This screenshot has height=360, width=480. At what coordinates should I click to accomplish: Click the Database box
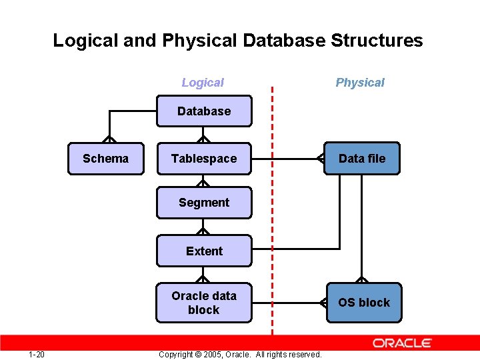pyautogui.click(x=204, y=111)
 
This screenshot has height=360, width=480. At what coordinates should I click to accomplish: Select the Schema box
pyautogui.click(x=105, y=159)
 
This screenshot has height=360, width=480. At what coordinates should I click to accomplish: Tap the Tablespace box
pyautogui.click(x=204, y=159)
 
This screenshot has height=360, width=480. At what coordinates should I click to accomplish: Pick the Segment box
pyautogui.click(x=204, y=203)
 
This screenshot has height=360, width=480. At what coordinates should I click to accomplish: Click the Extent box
pyautogui.click(x=204, y=251)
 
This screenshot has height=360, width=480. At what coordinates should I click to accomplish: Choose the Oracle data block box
pyautogui.click(x=204, y=303)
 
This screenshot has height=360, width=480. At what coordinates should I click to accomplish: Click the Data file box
pyautogui.click(x=362, y=159)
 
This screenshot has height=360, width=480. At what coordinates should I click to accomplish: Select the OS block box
pyautogui.click(x=364, y=303)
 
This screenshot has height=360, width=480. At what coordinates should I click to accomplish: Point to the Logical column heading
pyautogui.click(x=203, y=83)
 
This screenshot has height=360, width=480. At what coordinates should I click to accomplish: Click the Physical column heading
pyautogui.click(x=360, y=83)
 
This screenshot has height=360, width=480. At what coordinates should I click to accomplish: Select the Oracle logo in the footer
pyautogui.click(x=402, y=343)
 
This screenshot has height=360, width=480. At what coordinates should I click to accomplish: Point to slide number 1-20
pyautogui.click(x=37, y=354)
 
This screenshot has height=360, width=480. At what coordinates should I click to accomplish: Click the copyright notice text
pyautogui.click(x=240, y=355)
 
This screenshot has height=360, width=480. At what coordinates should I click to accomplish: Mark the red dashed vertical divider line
pyautogui.click(x=272, y=213)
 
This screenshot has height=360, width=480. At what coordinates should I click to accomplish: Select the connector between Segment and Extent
pyautogui.click(x=204, y=227)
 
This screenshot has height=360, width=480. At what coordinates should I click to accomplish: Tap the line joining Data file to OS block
pyautogui.click(x=362, y=227)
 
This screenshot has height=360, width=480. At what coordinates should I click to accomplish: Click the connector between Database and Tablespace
pyautogui.click(x=204, y=134)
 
